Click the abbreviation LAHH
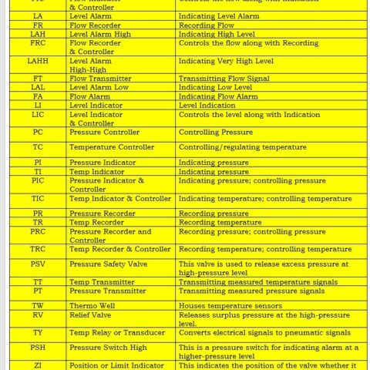tap(37, 61)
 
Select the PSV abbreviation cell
tap(37, 264)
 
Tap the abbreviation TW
tap(37, 304)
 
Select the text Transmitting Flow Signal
tap(224, 79)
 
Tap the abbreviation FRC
tap(37, 43)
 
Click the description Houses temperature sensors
tap(234, 304)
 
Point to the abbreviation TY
tap(37, 332)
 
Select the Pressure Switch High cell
tap(108, 348)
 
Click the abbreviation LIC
tap(37, 114)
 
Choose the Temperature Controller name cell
tap(112, 147)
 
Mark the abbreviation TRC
tap(37, 249)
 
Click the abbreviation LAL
tap(37, 87)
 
